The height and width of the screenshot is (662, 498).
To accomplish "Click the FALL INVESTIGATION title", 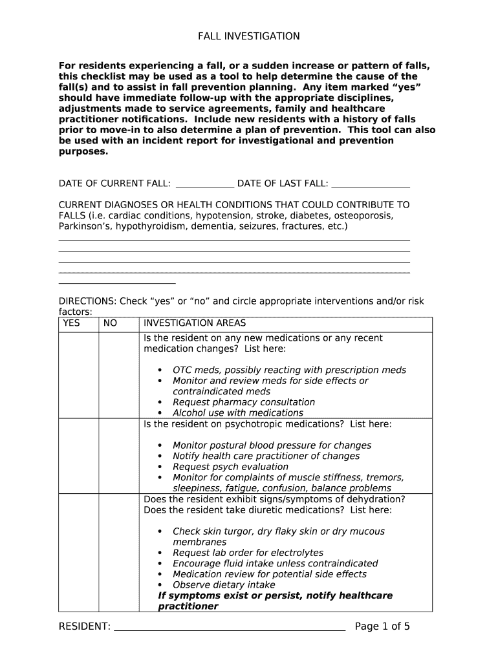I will point(248,36).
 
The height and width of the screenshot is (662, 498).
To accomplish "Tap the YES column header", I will point(72,323).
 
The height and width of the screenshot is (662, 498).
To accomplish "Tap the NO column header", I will point(111,323).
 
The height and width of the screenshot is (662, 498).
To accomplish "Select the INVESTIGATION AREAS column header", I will point(195,323).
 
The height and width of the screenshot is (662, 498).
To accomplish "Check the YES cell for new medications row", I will point(78,375).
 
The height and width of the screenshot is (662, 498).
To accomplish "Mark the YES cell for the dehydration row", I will point(78,553).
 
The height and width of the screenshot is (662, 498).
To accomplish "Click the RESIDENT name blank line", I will point(230,626).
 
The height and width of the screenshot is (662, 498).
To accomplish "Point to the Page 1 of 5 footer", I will point(382,626).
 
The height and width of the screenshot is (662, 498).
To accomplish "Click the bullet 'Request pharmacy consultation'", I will point(244,402).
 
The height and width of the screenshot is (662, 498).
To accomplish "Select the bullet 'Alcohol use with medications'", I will point(237,412).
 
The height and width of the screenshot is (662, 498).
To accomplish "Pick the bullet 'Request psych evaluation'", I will point(230,467).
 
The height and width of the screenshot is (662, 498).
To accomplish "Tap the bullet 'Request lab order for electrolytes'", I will point(248,553).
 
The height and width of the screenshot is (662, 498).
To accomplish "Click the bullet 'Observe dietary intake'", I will point(224,585).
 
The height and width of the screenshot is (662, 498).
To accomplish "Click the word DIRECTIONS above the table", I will point(87,301).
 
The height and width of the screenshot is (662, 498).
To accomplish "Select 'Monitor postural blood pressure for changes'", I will point(272,445).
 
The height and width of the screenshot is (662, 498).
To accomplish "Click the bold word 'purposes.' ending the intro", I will point(83,152).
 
